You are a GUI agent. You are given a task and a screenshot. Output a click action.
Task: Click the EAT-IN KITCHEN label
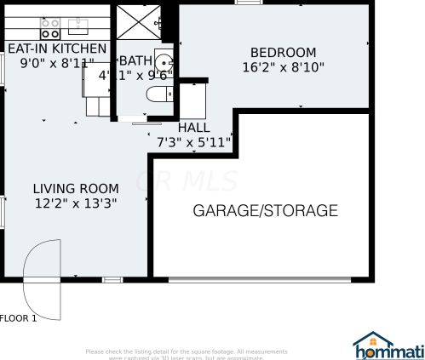pyautogui.click(x=58, y=49)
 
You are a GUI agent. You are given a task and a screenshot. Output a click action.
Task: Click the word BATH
pyautogui.click(x=135, y=60)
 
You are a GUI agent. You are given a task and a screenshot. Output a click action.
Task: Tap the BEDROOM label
pyautogui.click(x=283, y=52)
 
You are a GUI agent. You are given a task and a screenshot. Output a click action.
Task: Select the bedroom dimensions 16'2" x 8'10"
pyautogui.click(x=283, y=66)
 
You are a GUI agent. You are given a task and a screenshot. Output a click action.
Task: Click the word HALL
pyautogui.click(x=193, y=128)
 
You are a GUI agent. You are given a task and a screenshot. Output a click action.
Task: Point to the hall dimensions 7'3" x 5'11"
pyautogui.click(x=194, y=142)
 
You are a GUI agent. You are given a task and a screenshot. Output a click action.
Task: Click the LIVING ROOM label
pyautogui.click(x=75, y=188)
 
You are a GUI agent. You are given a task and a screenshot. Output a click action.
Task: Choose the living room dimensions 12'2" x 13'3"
pyautogui.click(x=75, y=203)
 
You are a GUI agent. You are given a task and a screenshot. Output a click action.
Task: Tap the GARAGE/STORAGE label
pyautogui.click(x=265, y=210)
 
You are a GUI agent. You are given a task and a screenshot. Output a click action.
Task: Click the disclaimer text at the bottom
pyautogui.click(x=186, y=354)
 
